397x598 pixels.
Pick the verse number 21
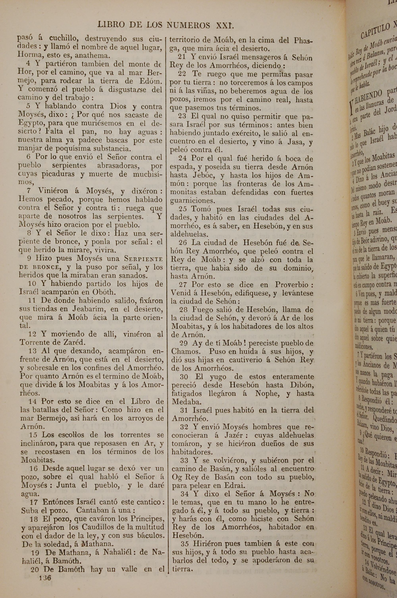pos(182,57)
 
